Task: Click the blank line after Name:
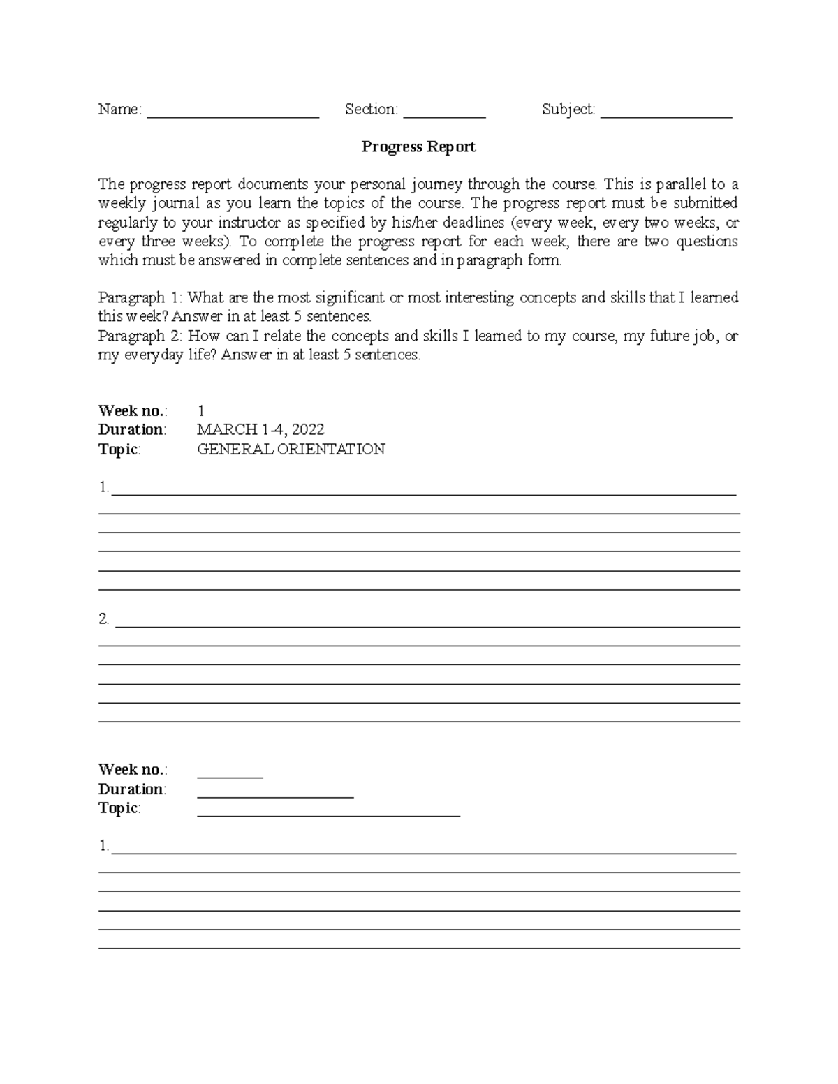click(x=233, y=112)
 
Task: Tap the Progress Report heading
click(x=418, y=147)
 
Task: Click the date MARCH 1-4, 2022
click(x=260, y=429)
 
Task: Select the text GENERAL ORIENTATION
click(x=291, y=449)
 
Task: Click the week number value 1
click(x=201, y=410)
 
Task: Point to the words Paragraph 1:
click(x=140, y=297)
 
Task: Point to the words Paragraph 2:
click(x=140, y=336)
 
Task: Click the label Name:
click(x=120, y=110)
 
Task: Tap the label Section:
click(x=372, y=110)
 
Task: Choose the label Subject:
click(x=568, y=110)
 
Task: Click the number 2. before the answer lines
click(x=104, y=619)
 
